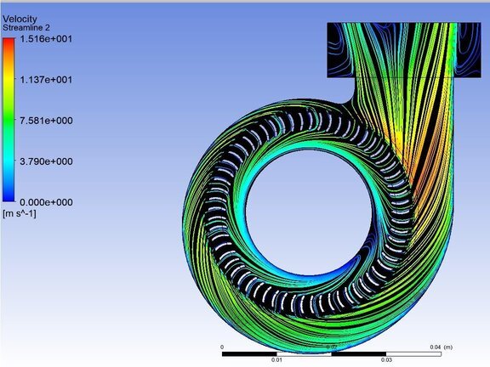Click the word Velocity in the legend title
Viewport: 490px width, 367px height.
20,19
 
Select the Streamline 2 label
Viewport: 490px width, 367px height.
26,28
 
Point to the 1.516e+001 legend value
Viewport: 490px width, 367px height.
46,39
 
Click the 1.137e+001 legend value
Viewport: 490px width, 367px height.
46,80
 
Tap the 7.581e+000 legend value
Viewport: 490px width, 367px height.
46,121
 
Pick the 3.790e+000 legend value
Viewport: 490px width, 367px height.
46,161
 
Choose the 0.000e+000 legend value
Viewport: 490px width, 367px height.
46,202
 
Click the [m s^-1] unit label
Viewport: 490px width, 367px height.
19,214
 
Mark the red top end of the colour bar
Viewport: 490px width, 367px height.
9,41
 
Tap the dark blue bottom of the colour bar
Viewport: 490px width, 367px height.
9,197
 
